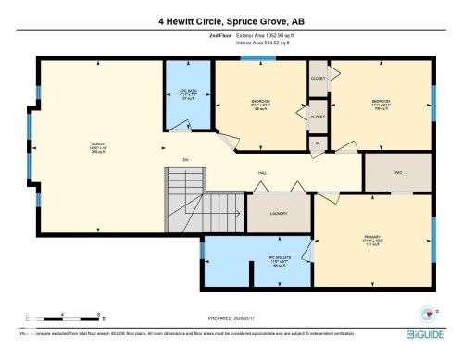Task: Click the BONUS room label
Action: [96, 143]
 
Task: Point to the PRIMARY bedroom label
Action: [372, 238]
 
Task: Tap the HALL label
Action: [262, 172]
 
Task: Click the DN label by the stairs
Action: [186, 160]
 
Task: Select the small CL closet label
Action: [318, 143]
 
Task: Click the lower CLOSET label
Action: [318, 117]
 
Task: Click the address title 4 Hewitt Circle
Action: [231, 19]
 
